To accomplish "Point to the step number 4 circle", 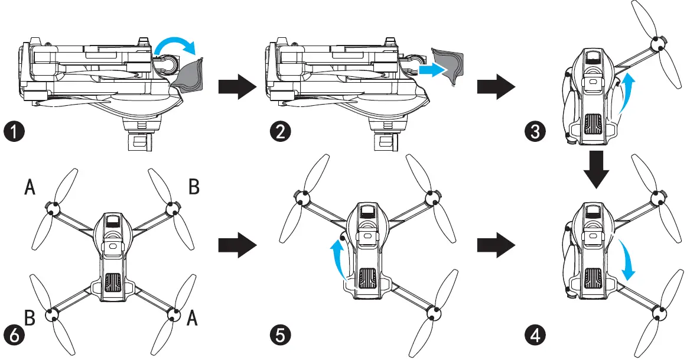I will click(534, 336).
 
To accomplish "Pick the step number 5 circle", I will click(276, 336).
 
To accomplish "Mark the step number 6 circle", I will click(14, 336).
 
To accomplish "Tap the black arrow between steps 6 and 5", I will click(236, 244).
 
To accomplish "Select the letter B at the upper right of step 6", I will click(194, 187).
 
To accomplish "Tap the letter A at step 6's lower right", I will click(192, 319).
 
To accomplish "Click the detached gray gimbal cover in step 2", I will click(449, 66).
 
